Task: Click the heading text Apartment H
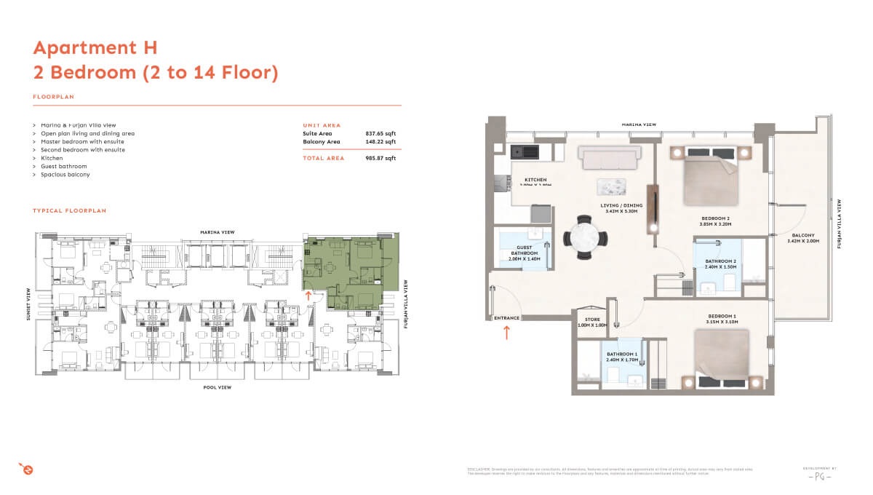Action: (x=95, y=48)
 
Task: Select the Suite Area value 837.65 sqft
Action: (x=380, y=134)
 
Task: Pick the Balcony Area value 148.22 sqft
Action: (x=380, y=142)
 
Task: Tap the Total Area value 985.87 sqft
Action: (x=380, y=158)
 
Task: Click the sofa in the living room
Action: (x=609, y=156)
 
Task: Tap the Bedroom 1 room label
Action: (x=722, y=317)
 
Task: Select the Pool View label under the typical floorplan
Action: (x=217, y=388)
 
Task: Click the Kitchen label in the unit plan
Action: (x=535, y=180)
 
